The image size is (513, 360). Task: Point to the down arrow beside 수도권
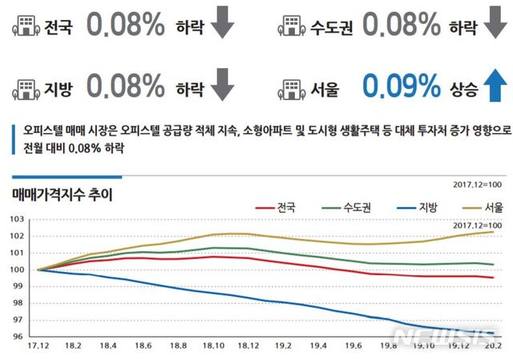[492, 26]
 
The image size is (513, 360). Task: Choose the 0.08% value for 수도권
[401, 26]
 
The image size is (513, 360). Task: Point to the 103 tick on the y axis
[14, 219]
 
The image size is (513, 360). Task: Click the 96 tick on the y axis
[16, 337]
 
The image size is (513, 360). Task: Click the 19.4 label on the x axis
[318, 346]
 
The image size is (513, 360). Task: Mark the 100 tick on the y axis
[14, 269]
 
